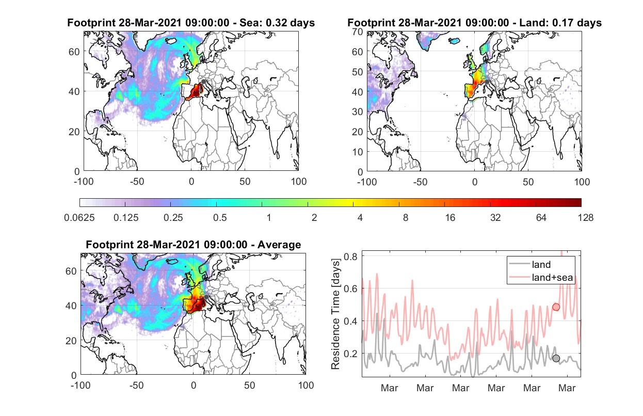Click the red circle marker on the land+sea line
point(556,307)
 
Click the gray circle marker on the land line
point(556,358)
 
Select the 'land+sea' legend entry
point(541,277)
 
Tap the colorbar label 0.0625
point(79,218)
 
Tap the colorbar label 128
point(585,218)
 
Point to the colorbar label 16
point(450,218)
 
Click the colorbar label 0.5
point(220,218)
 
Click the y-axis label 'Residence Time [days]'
point(335,314)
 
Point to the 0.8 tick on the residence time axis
point(351,256)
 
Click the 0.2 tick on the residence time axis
point(351,354)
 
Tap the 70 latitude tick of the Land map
point(358,31)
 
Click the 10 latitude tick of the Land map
point(358,152)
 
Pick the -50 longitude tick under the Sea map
point(137,182)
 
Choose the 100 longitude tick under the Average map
point(306,385)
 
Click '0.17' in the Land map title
point(563,23)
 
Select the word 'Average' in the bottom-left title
point(279,245)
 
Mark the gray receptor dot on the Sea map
point(203,82)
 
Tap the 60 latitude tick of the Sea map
point(74,52)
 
